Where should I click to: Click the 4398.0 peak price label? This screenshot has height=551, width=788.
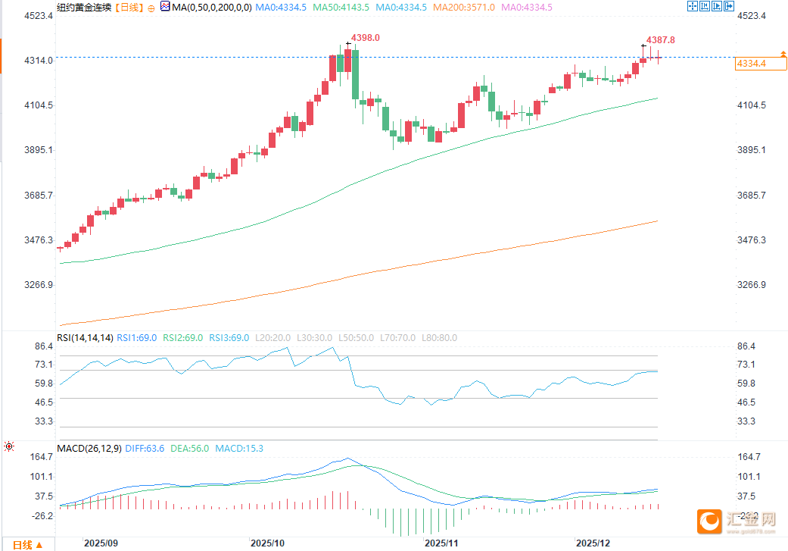coord(366,38)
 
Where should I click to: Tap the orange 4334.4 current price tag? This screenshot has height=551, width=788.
coord(751,64)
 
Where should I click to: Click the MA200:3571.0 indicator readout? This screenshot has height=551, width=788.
coord(471,7)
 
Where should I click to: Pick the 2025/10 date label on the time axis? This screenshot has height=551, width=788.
coord(267,543)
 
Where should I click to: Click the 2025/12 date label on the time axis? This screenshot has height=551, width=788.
coord(593,543)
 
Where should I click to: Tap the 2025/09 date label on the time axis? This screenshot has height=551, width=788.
coord(101,543)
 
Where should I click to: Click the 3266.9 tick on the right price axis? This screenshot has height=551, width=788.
coord(751,286)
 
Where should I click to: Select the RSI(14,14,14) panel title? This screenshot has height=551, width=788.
coord(85,338)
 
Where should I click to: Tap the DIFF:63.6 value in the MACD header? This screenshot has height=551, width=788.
coord(145,448)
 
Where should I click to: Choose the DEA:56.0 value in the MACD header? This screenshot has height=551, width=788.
coord(190,448)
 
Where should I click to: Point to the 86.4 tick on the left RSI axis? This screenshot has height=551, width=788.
coord(44,346)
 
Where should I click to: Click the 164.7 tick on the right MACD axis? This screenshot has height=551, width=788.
coord(751,457)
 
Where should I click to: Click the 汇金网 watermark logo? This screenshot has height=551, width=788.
coord(737,521)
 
